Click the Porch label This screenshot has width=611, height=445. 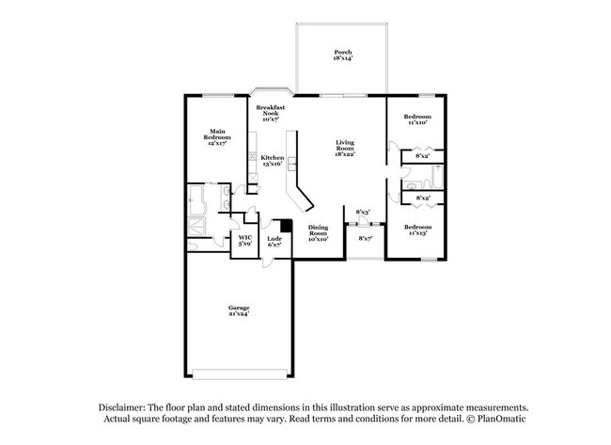pos(340,55)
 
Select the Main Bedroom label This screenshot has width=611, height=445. pos(217,136)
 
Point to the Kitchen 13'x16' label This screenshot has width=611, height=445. pos(272,160)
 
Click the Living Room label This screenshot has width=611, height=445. pos(345,148)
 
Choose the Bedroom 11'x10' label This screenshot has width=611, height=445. pos(416,119)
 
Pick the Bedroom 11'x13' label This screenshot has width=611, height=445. pos(417,230)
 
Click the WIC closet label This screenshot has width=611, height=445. pos(244,240)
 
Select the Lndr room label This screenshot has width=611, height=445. pos(274,241)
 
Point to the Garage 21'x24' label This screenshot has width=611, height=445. pos(238,310)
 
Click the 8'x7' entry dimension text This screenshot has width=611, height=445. pos(366,239)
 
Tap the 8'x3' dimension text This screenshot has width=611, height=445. pos(363,212)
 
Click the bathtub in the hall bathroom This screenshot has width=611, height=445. pos(438,175)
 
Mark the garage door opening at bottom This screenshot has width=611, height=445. pos(238,370)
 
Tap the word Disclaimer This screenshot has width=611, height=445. pos(126,405)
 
